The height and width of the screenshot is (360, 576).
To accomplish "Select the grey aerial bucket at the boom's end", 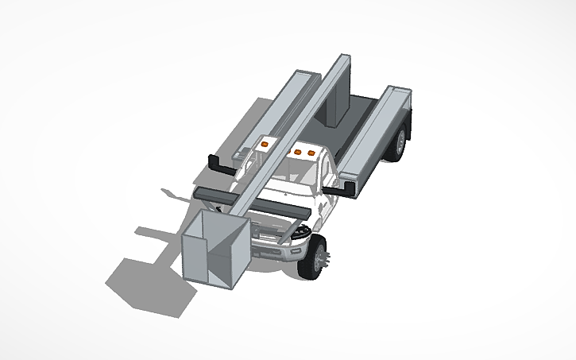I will coord(214,250).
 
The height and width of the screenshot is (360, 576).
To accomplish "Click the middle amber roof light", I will coord(298,149).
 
